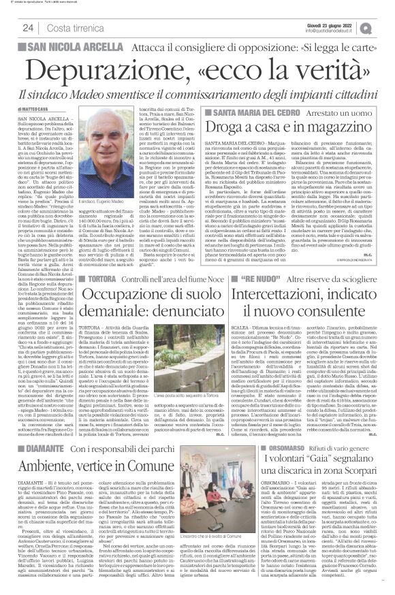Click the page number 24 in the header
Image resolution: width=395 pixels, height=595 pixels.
tap(29, 27)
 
